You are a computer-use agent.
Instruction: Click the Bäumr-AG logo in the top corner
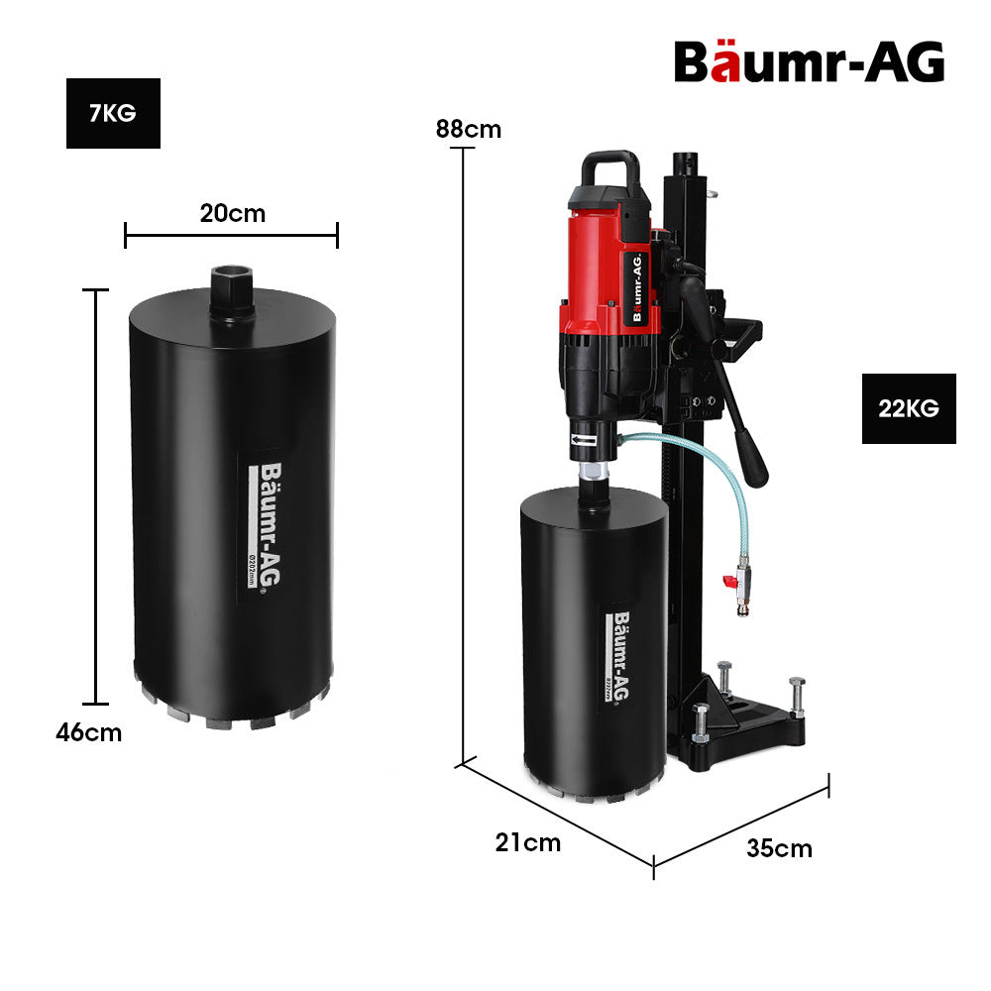point(809,61)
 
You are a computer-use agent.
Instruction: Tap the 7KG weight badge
point(113,113)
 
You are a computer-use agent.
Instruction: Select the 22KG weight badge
point(909,408)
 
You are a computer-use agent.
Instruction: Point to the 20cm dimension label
point(233,212)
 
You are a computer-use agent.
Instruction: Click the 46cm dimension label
point(89,732)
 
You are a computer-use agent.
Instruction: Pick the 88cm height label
point(468,129)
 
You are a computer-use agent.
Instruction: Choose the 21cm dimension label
point(528,842)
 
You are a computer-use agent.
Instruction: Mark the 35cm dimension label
point(779,848)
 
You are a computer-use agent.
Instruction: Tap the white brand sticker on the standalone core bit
point(260,525)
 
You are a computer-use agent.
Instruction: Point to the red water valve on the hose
point(734,583)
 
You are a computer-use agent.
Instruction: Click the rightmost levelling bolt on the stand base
point(796,699)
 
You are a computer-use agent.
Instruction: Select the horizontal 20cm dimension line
point(231,235)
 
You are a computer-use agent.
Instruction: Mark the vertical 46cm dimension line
point(95,495)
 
